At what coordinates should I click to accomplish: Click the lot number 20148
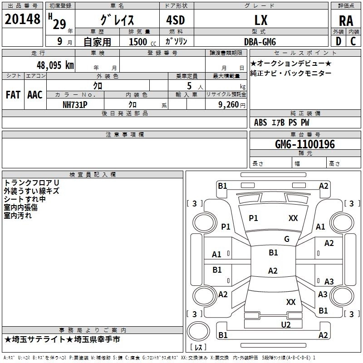click(x=22, y=19)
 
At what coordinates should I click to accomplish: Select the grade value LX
click(x=261, y=20)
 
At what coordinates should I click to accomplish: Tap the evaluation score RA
click(x=346, y=21)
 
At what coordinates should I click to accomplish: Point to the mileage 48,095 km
click(x=55, y=65)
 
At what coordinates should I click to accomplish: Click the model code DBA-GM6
click(x=260, y=42)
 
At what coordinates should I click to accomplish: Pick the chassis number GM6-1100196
click(x=305, y=144)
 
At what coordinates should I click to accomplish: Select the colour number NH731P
click(x=75, y=105)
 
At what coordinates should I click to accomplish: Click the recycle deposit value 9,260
click(x=228, y=105)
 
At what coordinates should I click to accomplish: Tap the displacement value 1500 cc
click(x=142, y=42)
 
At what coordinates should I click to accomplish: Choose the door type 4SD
click(x=176, y=20)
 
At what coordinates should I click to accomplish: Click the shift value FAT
click(x=13, y=95)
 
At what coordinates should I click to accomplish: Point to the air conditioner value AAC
click(x=35, y=95)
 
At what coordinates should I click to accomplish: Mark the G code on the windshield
click(x=287, y=239)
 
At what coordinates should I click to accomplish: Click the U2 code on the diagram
click(x=286, y=325)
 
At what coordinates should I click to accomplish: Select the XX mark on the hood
click(x=293, y=218)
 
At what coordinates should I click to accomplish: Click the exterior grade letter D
click(x=338, y=41)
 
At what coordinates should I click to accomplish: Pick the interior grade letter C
click(x=353, y=41)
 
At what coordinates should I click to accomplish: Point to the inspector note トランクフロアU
click(x=31, y=183)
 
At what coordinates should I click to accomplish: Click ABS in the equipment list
click(x=260, y=123)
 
